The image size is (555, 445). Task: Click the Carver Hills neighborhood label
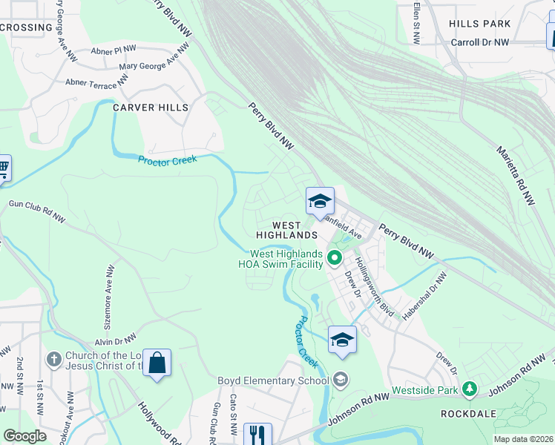(151, 108)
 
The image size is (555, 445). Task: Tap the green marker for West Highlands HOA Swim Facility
(334, 258)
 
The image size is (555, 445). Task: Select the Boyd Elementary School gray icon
(341, 381)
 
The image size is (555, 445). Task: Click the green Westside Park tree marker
(469, 388)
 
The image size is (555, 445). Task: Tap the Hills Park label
(479, 24)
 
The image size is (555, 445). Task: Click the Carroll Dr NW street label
(480, 42)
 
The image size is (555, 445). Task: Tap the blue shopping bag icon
(157, 363)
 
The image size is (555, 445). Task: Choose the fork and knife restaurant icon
(257, 434)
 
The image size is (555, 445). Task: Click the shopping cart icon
(4, 168)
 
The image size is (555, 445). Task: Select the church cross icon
(53, 360)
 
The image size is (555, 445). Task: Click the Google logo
(24, 436)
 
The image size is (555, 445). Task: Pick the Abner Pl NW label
(114, 50)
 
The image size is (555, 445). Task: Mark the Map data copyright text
(523, 439)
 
